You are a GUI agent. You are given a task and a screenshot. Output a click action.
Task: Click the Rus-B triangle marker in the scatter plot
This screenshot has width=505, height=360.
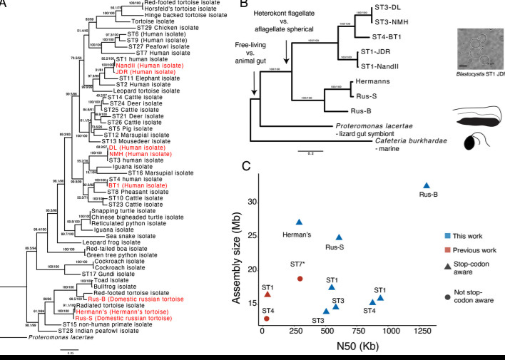(427, 185)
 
